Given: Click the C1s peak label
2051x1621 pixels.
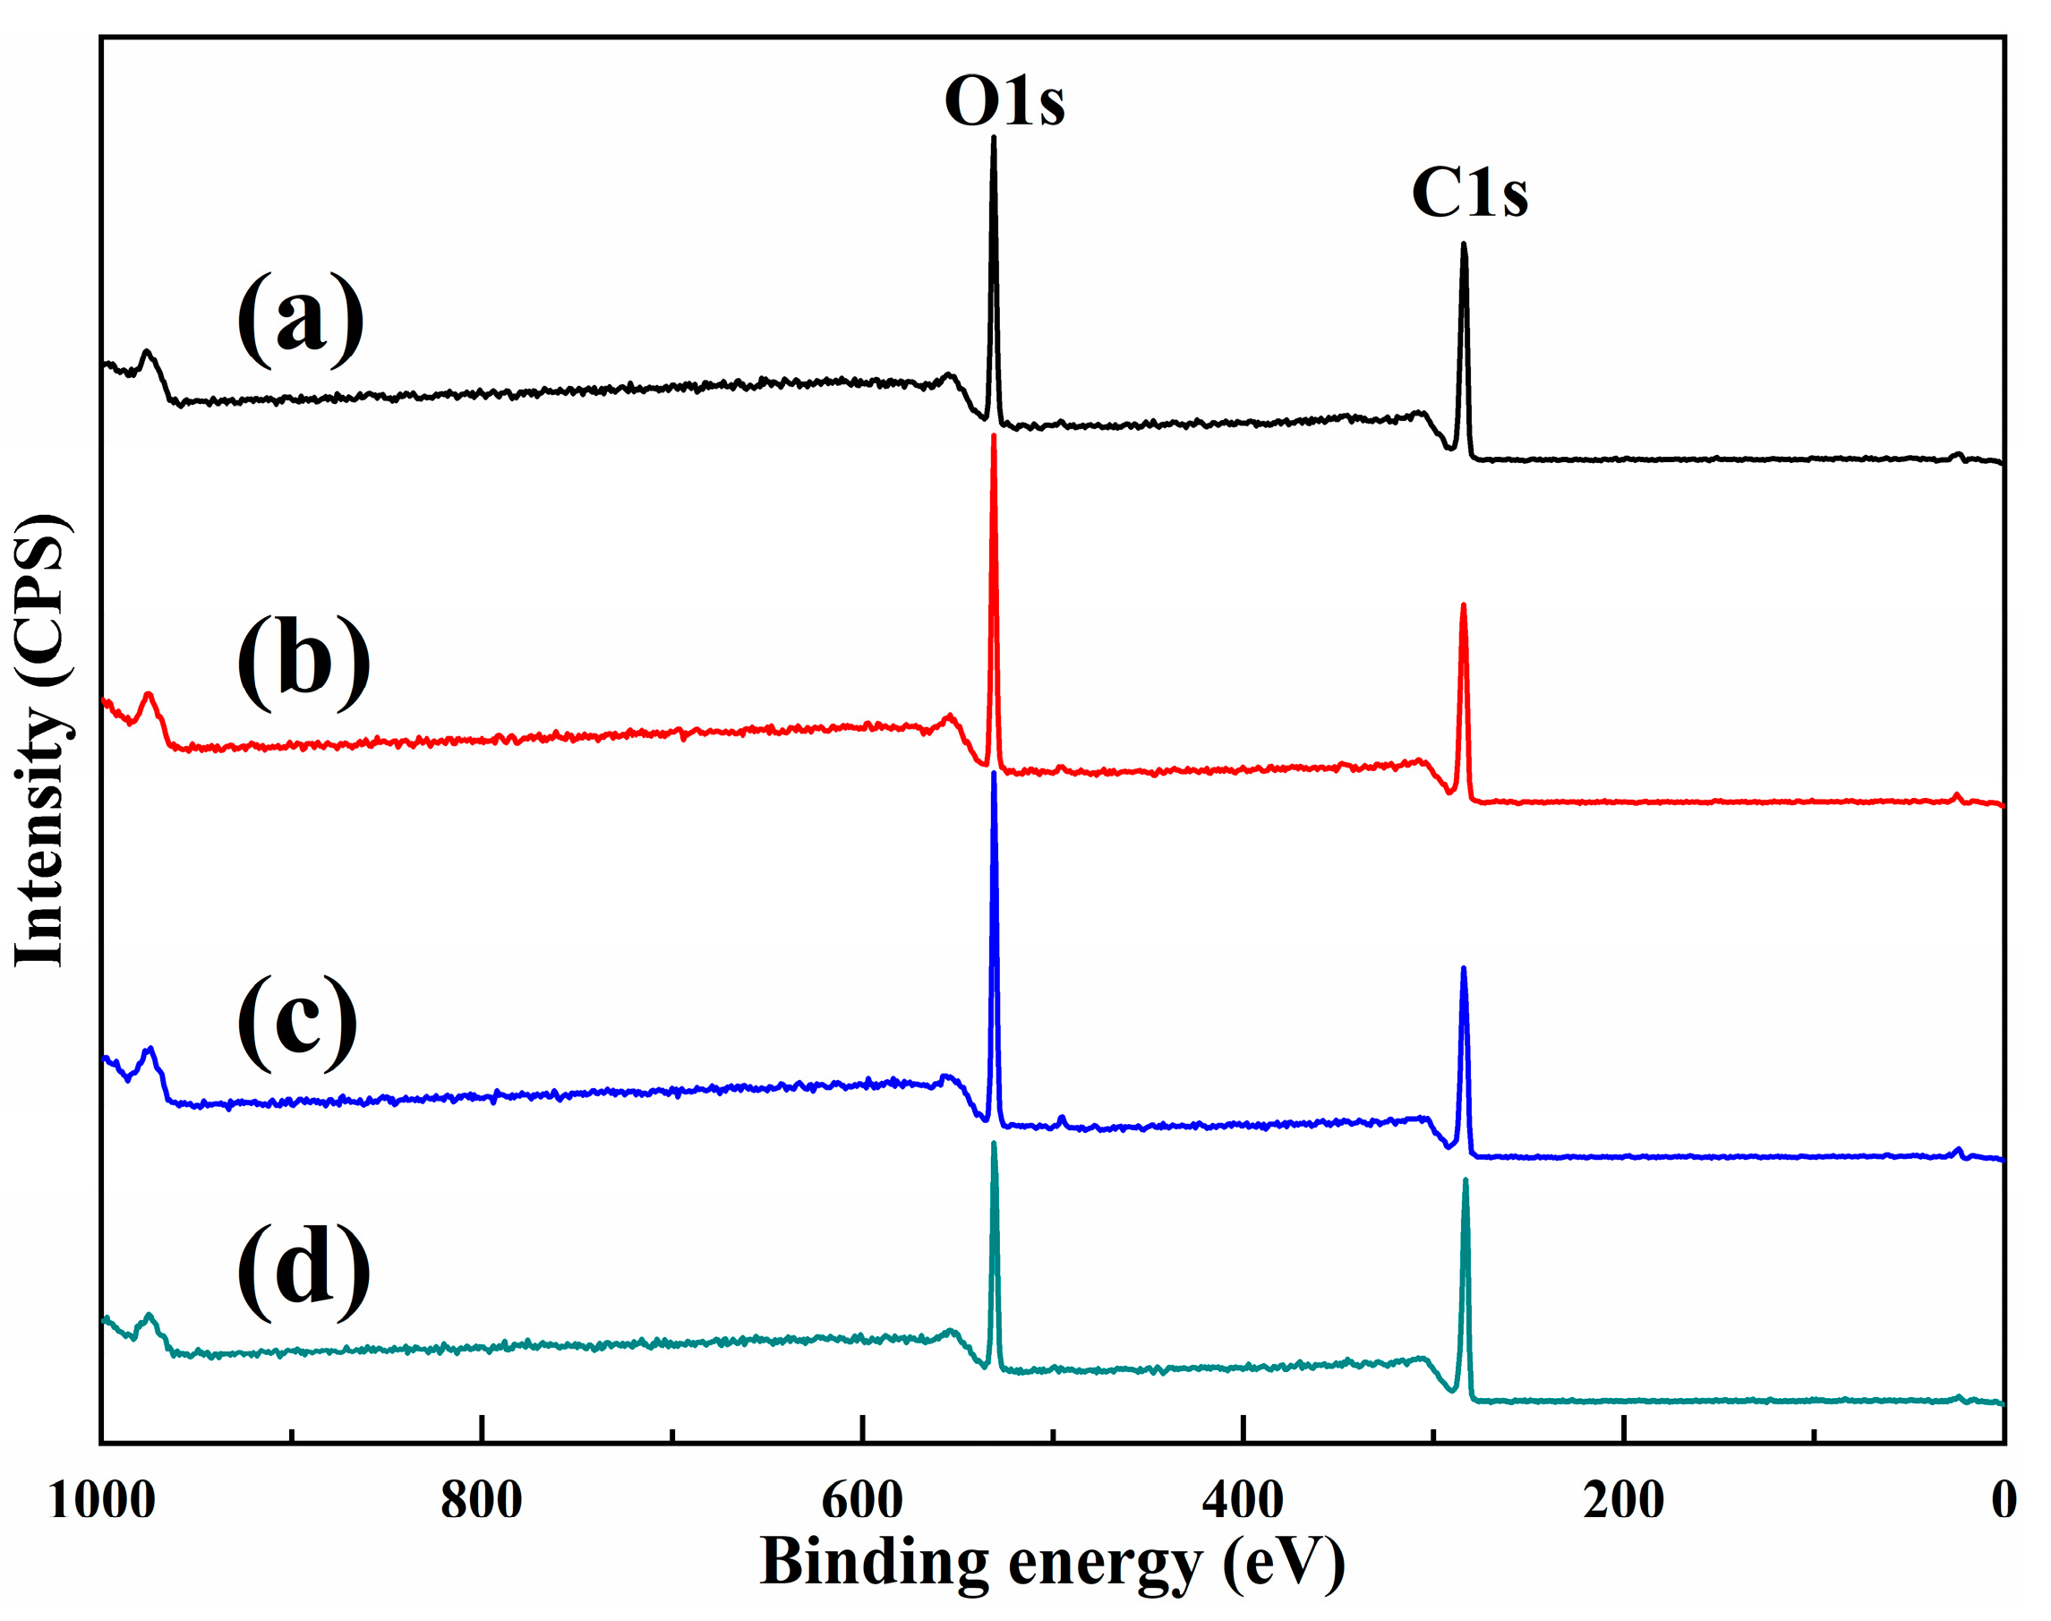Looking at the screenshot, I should click(1468, 193).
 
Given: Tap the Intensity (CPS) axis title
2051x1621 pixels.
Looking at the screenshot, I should click(40, 741).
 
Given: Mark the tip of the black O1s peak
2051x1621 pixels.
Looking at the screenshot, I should click(993, 138).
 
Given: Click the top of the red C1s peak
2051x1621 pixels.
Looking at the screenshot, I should click(1463, 605).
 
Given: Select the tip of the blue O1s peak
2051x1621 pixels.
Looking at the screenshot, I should click(993, 774).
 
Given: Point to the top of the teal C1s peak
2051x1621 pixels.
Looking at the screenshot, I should click(1465, 1180).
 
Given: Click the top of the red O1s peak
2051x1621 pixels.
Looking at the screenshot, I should click(993, 435).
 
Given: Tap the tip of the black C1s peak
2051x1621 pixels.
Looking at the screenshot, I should click(1464, 244).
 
